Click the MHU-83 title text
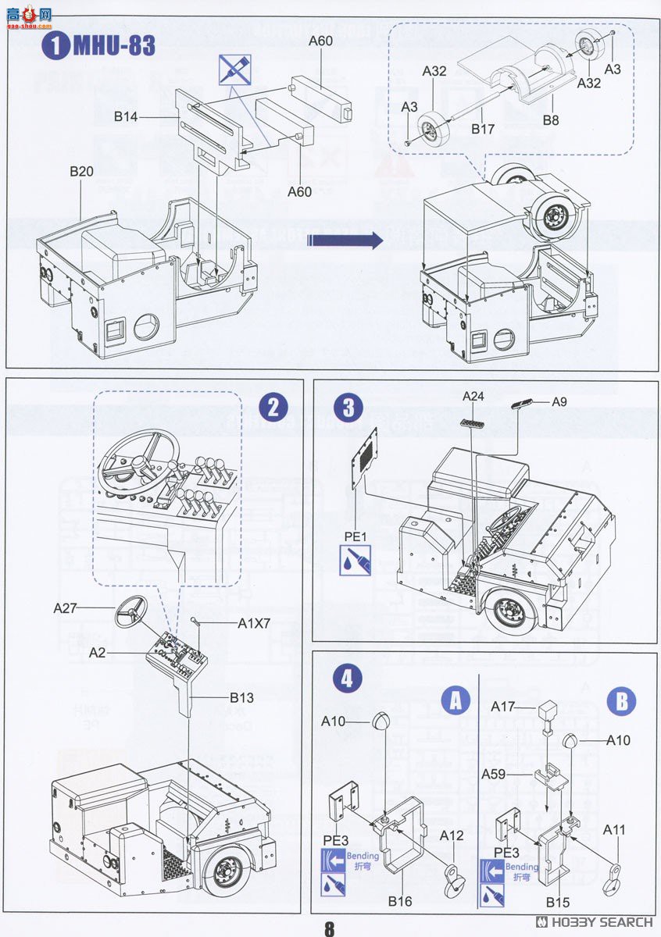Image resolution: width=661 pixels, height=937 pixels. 114,45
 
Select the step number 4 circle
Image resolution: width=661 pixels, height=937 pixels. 348,677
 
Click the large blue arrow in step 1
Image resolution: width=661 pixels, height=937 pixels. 345,240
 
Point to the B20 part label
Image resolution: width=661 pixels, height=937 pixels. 81,172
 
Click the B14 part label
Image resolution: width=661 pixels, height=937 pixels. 126,117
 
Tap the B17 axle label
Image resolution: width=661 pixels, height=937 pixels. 484,129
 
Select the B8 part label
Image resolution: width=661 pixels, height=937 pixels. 552,120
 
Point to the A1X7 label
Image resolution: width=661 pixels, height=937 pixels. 254,623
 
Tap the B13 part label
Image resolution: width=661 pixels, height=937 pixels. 241,697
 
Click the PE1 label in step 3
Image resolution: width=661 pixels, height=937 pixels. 355,536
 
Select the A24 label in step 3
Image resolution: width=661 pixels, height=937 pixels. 473,397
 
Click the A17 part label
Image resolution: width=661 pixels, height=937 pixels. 503,706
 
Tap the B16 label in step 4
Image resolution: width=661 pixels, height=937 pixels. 400,901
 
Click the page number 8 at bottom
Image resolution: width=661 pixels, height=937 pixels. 330,928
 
